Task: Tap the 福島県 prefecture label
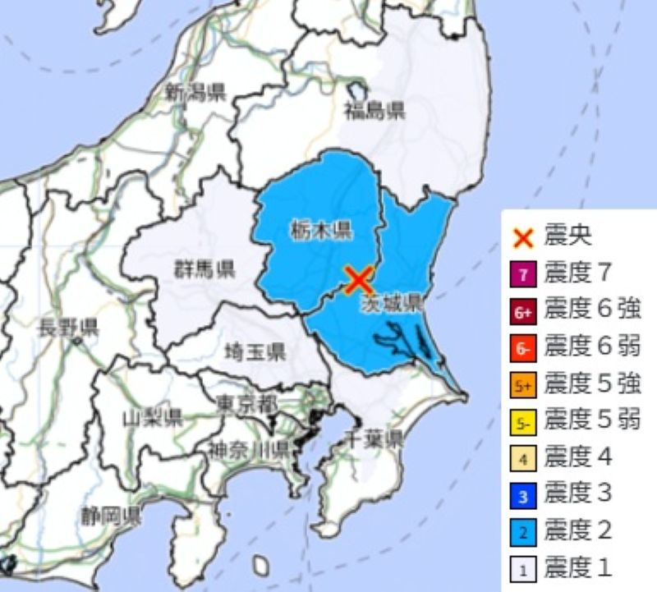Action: tap(374, 111)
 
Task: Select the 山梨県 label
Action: tap(152, 419)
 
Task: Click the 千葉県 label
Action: tap(374, 438)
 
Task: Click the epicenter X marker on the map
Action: tap(358, 280)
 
